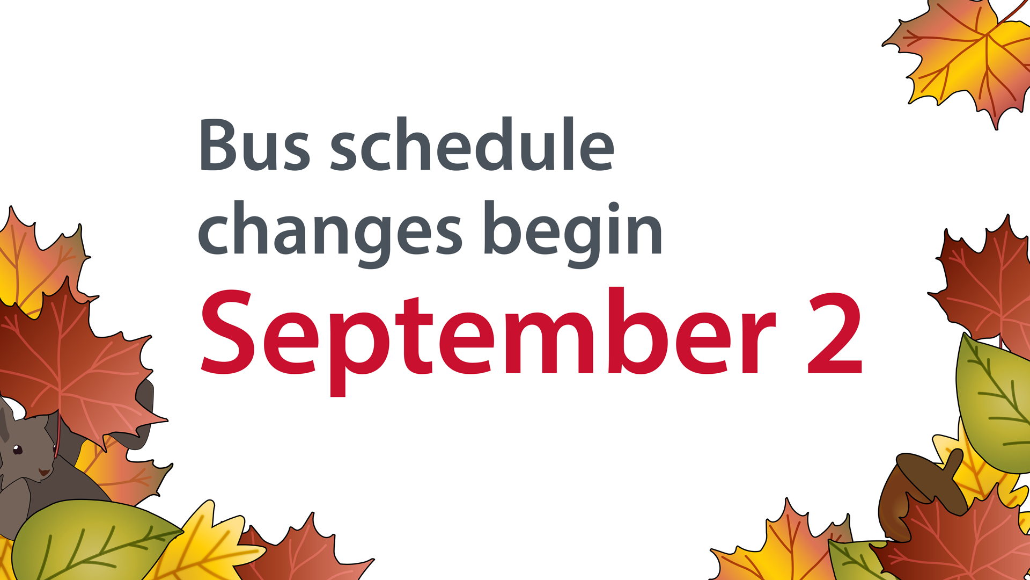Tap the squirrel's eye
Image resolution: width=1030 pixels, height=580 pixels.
point(17,449)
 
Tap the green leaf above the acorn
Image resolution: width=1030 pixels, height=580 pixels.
point(992,403)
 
